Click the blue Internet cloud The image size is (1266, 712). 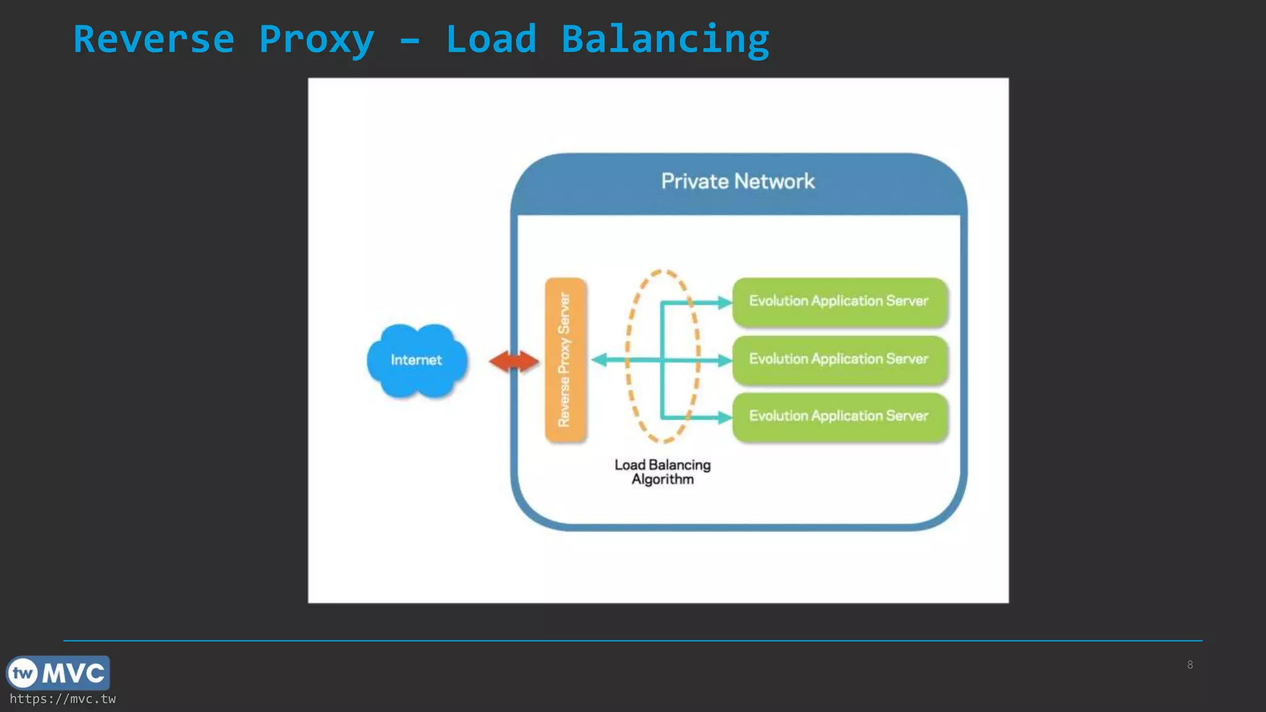click(416, 360)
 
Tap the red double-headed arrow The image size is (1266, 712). click(514, 362)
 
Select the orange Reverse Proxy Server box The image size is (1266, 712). click(565, 360)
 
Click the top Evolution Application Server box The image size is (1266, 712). click(839, 302)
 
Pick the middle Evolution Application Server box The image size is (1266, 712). click(839, 360)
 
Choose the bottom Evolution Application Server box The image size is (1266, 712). click(839, 417)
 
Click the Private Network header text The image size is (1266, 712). click(737, 182)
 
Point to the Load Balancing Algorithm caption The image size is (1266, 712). click(662, 472)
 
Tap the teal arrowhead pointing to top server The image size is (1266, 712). click(724, 302)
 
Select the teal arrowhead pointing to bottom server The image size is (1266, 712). click(724, 418)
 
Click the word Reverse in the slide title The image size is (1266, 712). click(154, 40)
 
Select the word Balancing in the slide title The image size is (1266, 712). click(665, 40)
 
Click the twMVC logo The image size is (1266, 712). click(58, 673)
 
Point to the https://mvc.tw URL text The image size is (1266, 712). click(62, 699)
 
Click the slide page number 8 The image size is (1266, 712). click(1190, 665)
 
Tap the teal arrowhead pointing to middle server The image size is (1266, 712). click(724, 360)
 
